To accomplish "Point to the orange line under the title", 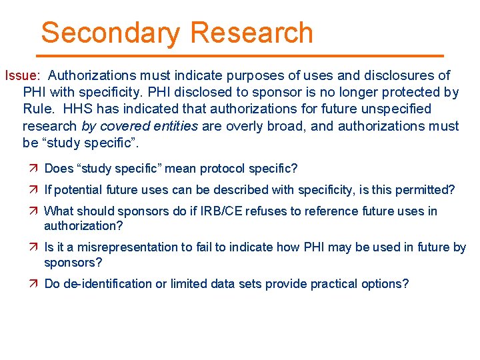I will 240,55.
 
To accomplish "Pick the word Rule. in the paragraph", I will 38,109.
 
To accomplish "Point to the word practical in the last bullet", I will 325,283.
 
